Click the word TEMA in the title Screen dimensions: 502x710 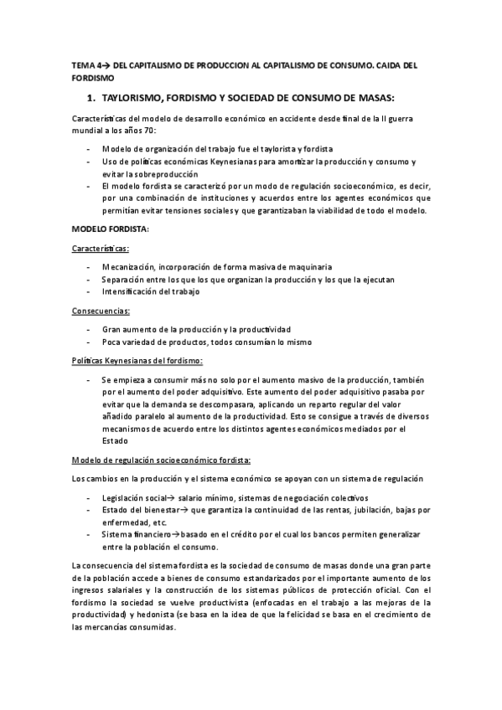coord(81,64)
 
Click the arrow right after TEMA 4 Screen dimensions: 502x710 coord(106,64)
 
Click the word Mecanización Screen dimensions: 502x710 coord(132,267)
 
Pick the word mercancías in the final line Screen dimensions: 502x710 coord(118,628)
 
